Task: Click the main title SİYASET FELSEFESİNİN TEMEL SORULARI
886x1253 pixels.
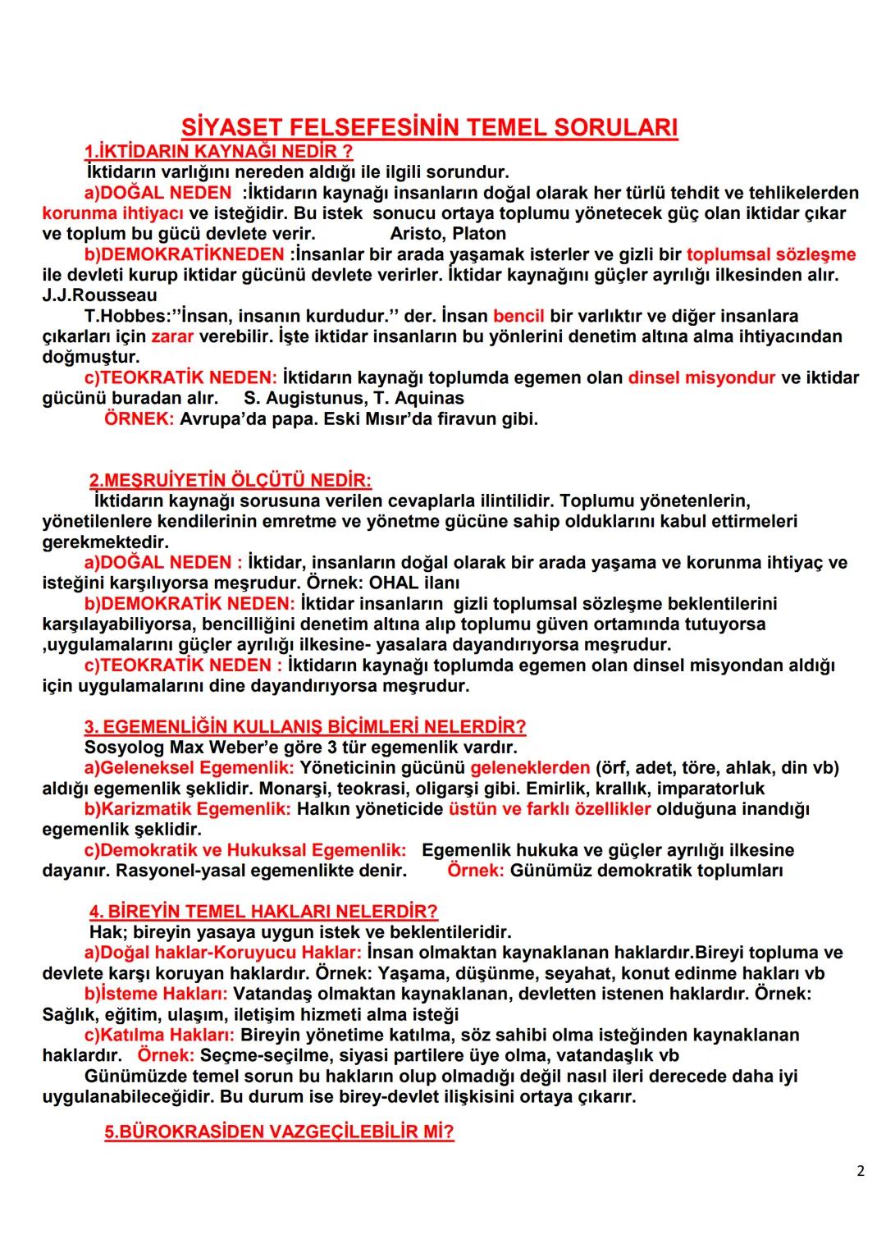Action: pos(429,128)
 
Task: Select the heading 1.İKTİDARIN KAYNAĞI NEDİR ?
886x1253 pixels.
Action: pos(218,152)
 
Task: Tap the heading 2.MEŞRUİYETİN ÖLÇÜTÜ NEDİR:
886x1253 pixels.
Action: pos(230,480)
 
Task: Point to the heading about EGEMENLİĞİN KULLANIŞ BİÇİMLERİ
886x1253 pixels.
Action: pos(305,727)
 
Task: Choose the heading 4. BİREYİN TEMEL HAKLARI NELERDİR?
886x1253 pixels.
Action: pos(263,912)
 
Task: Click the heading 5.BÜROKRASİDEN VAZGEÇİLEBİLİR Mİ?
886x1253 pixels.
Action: pos(279,1132)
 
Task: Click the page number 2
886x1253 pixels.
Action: pos(860,1171)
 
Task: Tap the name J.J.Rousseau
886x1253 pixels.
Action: pos(99,295)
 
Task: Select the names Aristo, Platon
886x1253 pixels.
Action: pos(448,233)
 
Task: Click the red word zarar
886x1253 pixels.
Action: pos(171,336)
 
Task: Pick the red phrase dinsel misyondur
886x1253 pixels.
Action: pos(701,377)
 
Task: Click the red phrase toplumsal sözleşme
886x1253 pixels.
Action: pos(771,254)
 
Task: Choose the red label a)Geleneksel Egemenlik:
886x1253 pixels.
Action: pos(190,768)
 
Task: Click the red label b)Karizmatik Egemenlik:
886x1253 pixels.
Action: pos(188,809)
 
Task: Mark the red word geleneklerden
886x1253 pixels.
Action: pos(530,768)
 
